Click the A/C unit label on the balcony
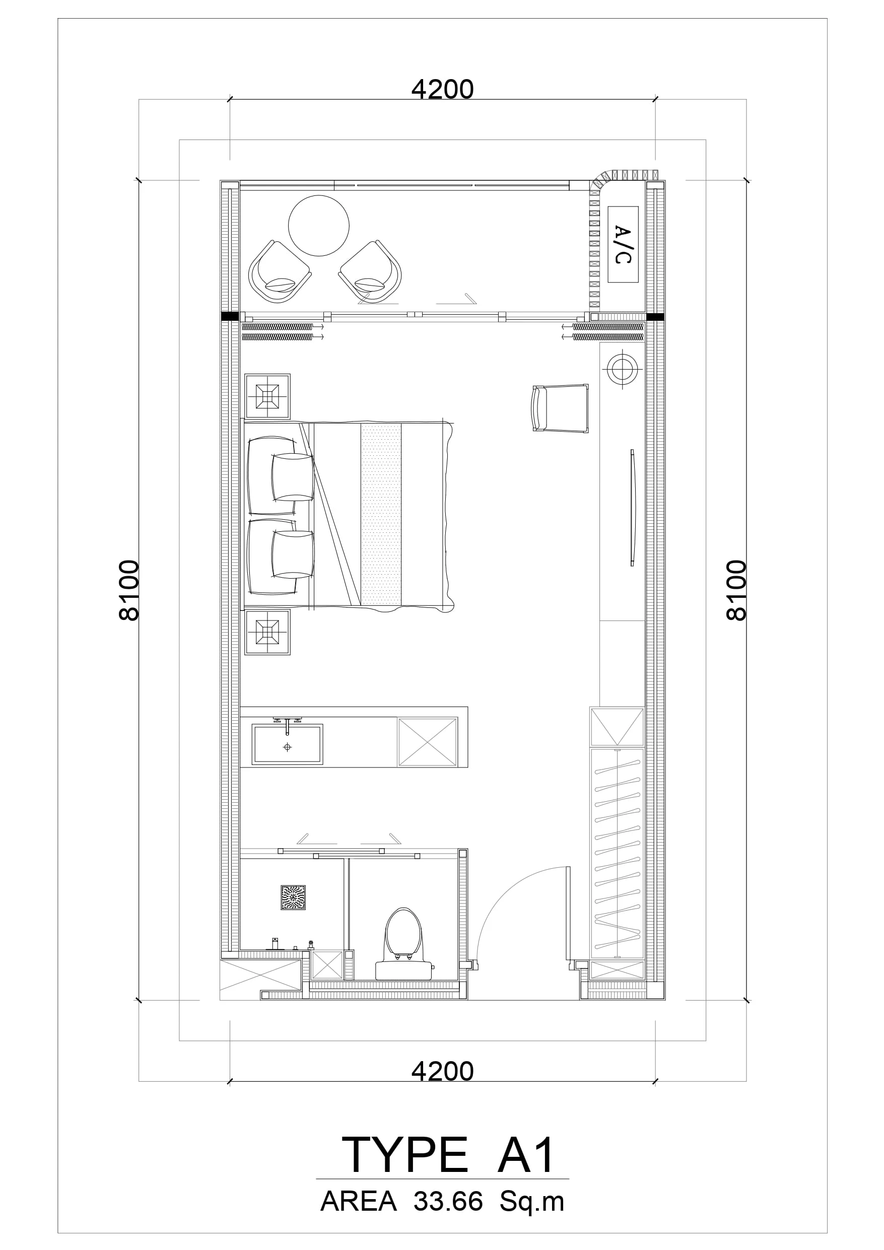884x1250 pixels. point(623,244)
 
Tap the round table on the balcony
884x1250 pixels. point(319,226)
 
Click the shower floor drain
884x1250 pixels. point(293,898)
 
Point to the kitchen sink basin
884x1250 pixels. point(287,744)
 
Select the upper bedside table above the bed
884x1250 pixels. point(267,396)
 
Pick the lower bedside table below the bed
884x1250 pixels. point(267,632)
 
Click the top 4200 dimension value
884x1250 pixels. point(442,90)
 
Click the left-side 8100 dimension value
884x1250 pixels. point(129,591)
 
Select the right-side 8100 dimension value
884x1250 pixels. point(736,591)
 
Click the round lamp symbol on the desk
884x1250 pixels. point(621,369)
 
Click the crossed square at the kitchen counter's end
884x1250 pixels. point(428,742)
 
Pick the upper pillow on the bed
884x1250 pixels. point(293,477)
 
